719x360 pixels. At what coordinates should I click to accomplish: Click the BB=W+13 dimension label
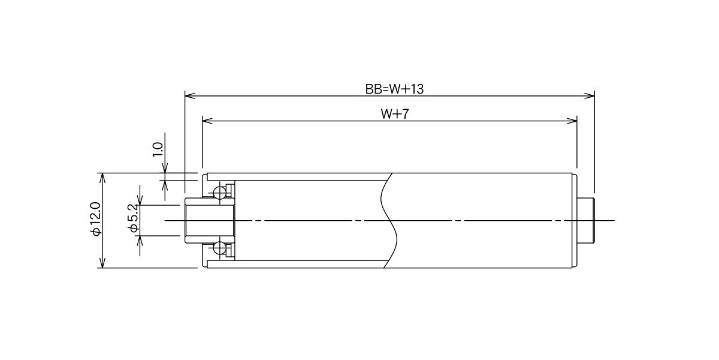pyautogui.click(x=394, y=89)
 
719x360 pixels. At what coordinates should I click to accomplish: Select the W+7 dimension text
pyautogui.click(x=394, y=114)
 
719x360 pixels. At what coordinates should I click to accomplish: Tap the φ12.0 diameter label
pyautogui.click(x=96, y=220)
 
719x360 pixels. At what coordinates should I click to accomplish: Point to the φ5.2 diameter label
pyautogui.click(x=134, y=218)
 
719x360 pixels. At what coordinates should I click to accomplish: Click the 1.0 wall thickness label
pyautogui.click(x=158, y=149)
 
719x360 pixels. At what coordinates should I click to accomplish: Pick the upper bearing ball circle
pyautogui.click(x=219, y=193)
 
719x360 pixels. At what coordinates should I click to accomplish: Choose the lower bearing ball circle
pyautogui.click(x=219, y=248)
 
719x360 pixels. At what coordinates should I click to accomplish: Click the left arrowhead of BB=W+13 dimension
pyautogui.click(x=190, y=96)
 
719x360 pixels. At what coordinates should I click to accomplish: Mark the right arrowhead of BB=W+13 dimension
pyautogui.click(x=590, y=96)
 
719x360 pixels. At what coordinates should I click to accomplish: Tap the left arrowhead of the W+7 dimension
pyautogui.click(x=207, y=121)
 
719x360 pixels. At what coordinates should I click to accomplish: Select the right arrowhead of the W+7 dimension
pyautogui.click(x=572, y=121)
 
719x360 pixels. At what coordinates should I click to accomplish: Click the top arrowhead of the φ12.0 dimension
pyautogui.click(x=102, y=178)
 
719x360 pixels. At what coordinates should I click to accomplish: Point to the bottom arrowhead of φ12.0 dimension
pyautogui.click(x=102, y=263)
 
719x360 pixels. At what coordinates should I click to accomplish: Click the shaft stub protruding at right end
pyautogui.click(x=586, y=221)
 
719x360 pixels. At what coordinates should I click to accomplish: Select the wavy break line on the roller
pyautogui.click(x=389, y=221)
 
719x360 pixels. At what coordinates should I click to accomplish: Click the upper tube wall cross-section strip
pyautogui.click(x=299, y=177)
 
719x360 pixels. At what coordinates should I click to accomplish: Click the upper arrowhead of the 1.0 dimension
pyautogui.click(x=165, y=168)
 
